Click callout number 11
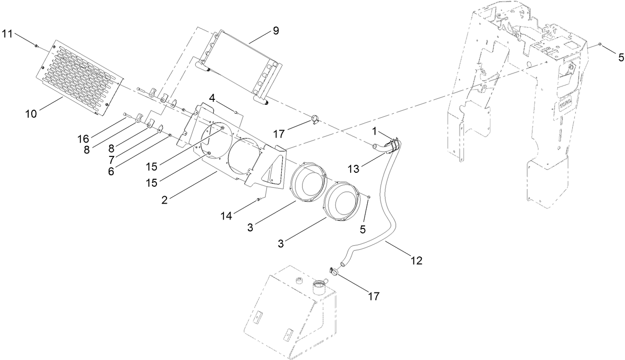click(x=7, y=33)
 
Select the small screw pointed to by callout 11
click(x=37, y=46)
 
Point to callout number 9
click(x=275, y=31)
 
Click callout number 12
click(x=416, y=260)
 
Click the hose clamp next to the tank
click(x=333, y=271)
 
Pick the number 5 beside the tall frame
click(x=621, y=57)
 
